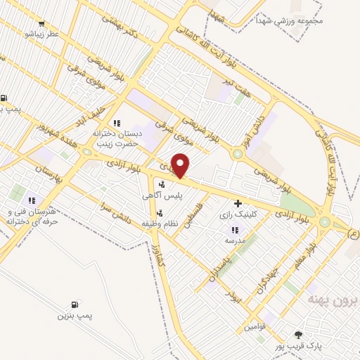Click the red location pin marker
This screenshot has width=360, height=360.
pyautogui.click(x=181, y=166)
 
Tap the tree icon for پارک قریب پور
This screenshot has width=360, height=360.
pyautogui.click(x=298, y=335)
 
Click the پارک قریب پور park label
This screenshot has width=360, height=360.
pyautogui.click(x=297, y=347)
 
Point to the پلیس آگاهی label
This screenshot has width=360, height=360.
pyautogui.click(x=161, y=198)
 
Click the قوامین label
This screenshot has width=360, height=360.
pyautogui.click(x=257, y=327)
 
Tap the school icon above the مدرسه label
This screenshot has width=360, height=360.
pyautogui.click(x=235, y=229)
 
